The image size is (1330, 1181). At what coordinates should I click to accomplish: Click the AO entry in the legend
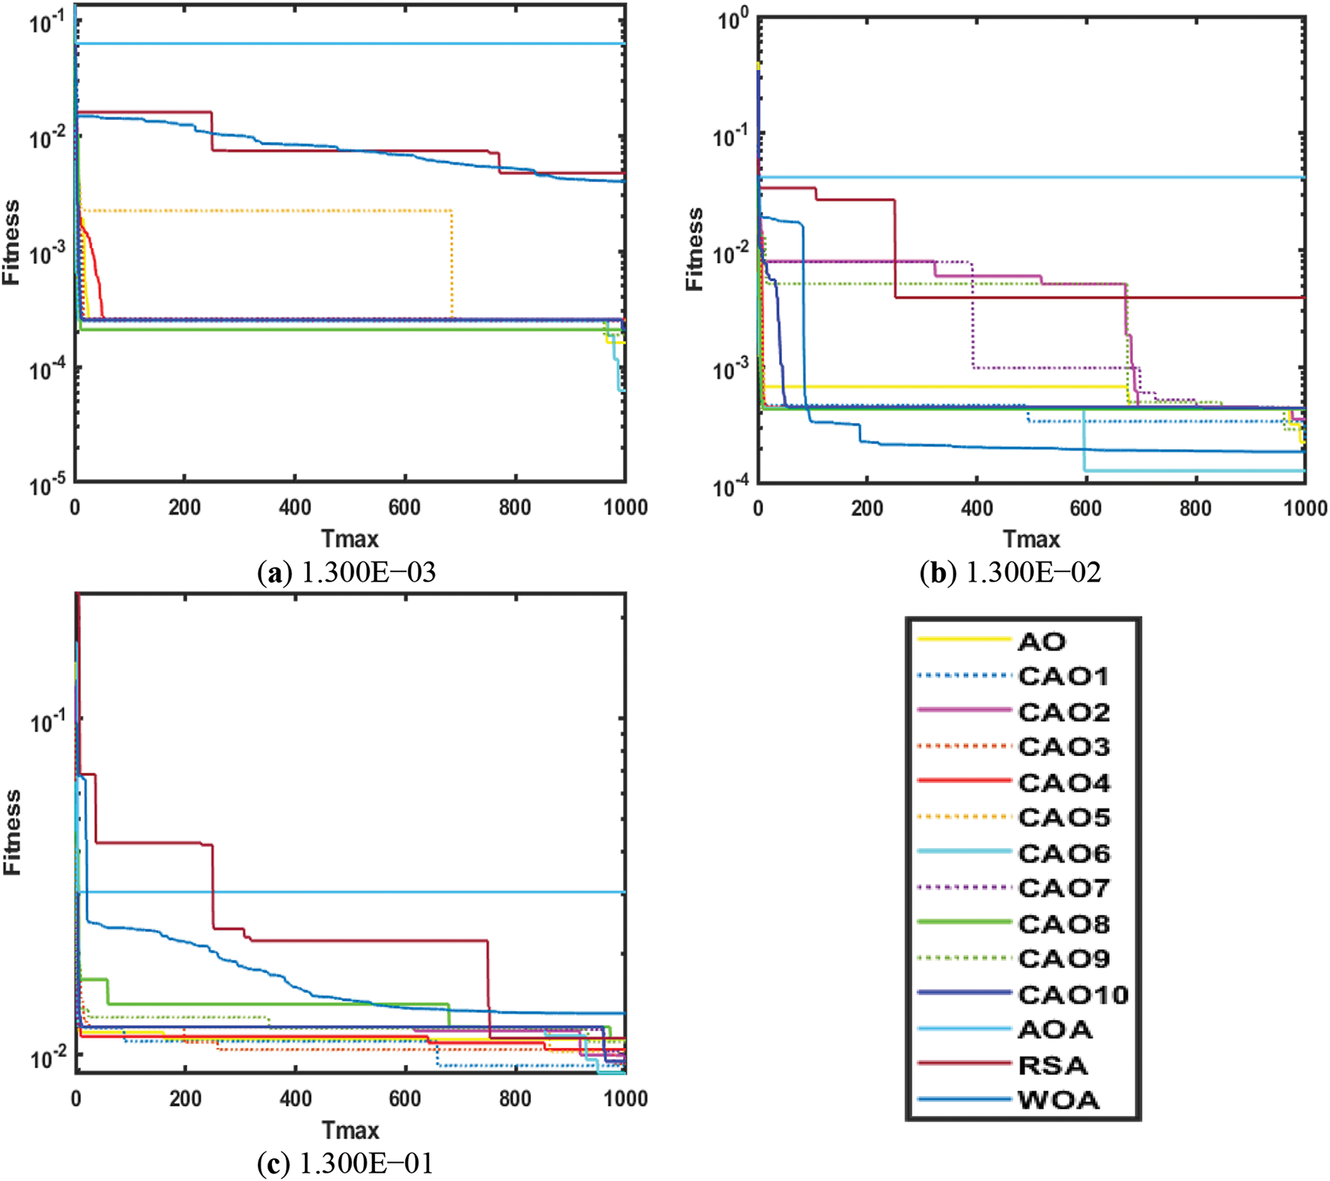coord(1041,641)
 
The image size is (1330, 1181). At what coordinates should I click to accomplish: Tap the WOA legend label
coord(1058,1101)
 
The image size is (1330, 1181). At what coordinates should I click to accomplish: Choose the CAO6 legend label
coord(1063,854)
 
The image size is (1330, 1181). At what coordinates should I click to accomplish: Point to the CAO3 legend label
coord(1063,747)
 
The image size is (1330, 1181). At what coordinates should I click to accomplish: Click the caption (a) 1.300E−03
coord(347,572)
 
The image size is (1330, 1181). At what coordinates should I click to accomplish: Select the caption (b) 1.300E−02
coord(1010,572)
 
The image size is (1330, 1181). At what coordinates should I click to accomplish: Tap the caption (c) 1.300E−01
coord(346,1164)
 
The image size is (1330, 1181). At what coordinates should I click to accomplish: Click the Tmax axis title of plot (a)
coord(349,539)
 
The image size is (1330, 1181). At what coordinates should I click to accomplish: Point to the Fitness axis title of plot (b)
coord(694,249)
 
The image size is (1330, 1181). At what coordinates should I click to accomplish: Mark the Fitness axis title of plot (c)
coord(12,832)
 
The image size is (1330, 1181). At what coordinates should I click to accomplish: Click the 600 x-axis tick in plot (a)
coord(405,507)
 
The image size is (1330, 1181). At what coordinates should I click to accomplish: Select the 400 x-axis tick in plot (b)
coord(976,508)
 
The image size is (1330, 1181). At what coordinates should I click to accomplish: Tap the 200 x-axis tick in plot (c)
coord(185,1098)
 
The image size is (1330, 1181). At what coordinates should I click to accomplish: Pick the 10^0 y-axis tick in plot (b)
coord(733,20)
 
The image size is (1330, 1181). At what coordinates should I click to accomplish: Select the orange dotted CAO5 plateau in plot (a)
coord(265,210)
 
